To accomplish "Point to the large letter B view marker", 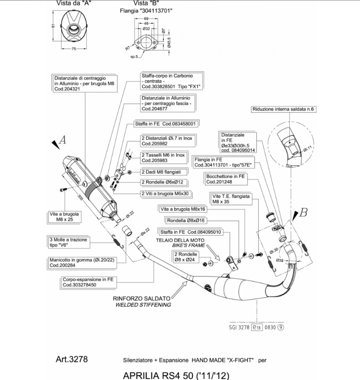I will (303, 212).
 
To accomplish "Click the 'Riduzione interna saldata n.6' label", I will (283, 109).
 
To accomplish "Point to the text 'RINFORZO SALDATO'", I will (141, 299).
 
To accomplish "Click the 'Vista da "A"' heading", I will (73, 3).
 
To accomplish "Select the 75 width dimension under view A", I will (74, 49).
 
